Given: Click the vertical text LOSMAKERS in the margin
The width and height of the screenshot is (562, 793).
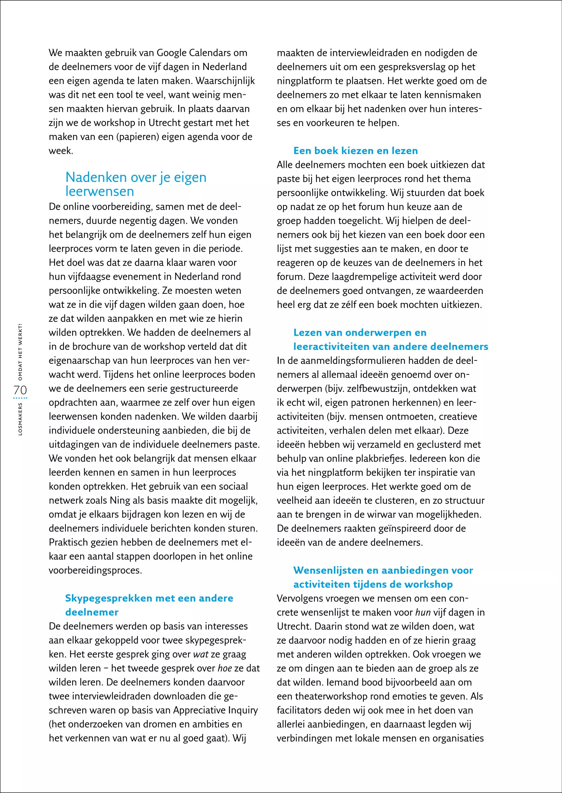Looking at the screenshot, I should tap(20, 418).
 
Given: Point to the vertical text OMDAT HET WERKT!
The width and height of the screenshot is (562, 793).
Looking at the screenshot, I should tap(20, 352).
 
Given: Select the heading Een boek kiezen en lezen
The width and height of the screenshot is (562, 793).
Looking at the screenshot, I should tap(355, 151).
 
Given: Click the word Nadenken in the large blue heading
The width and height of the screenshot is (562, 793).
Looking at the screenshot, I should tap(96, 177).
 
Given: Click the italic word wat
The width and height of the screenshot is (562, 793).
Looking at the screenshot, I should tap(201, 654).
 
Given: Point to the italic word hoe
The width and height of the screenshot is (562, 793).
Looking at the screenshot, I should tap(224, 668).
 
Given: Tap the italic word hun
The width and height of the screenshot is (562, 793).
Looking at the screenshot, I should tap(423, 613).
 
